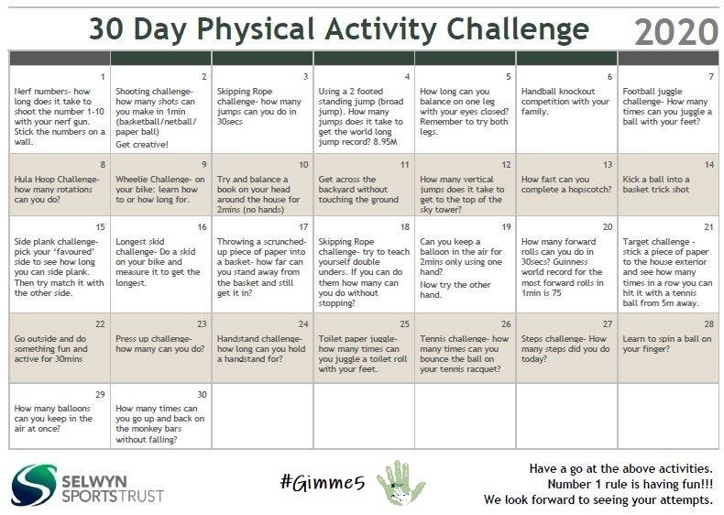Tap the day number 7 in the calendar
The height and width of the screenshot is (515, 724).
coord(710,76)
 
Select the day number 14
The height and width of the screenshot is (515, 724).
coord(708,164)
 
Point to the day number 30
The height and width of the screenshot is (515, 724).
coord(202,393)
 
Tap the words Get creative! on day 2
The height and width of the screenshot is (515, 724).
coord(142,145)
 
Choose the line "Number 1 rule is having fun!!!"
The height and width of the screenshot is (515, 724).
coord(630,484)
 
